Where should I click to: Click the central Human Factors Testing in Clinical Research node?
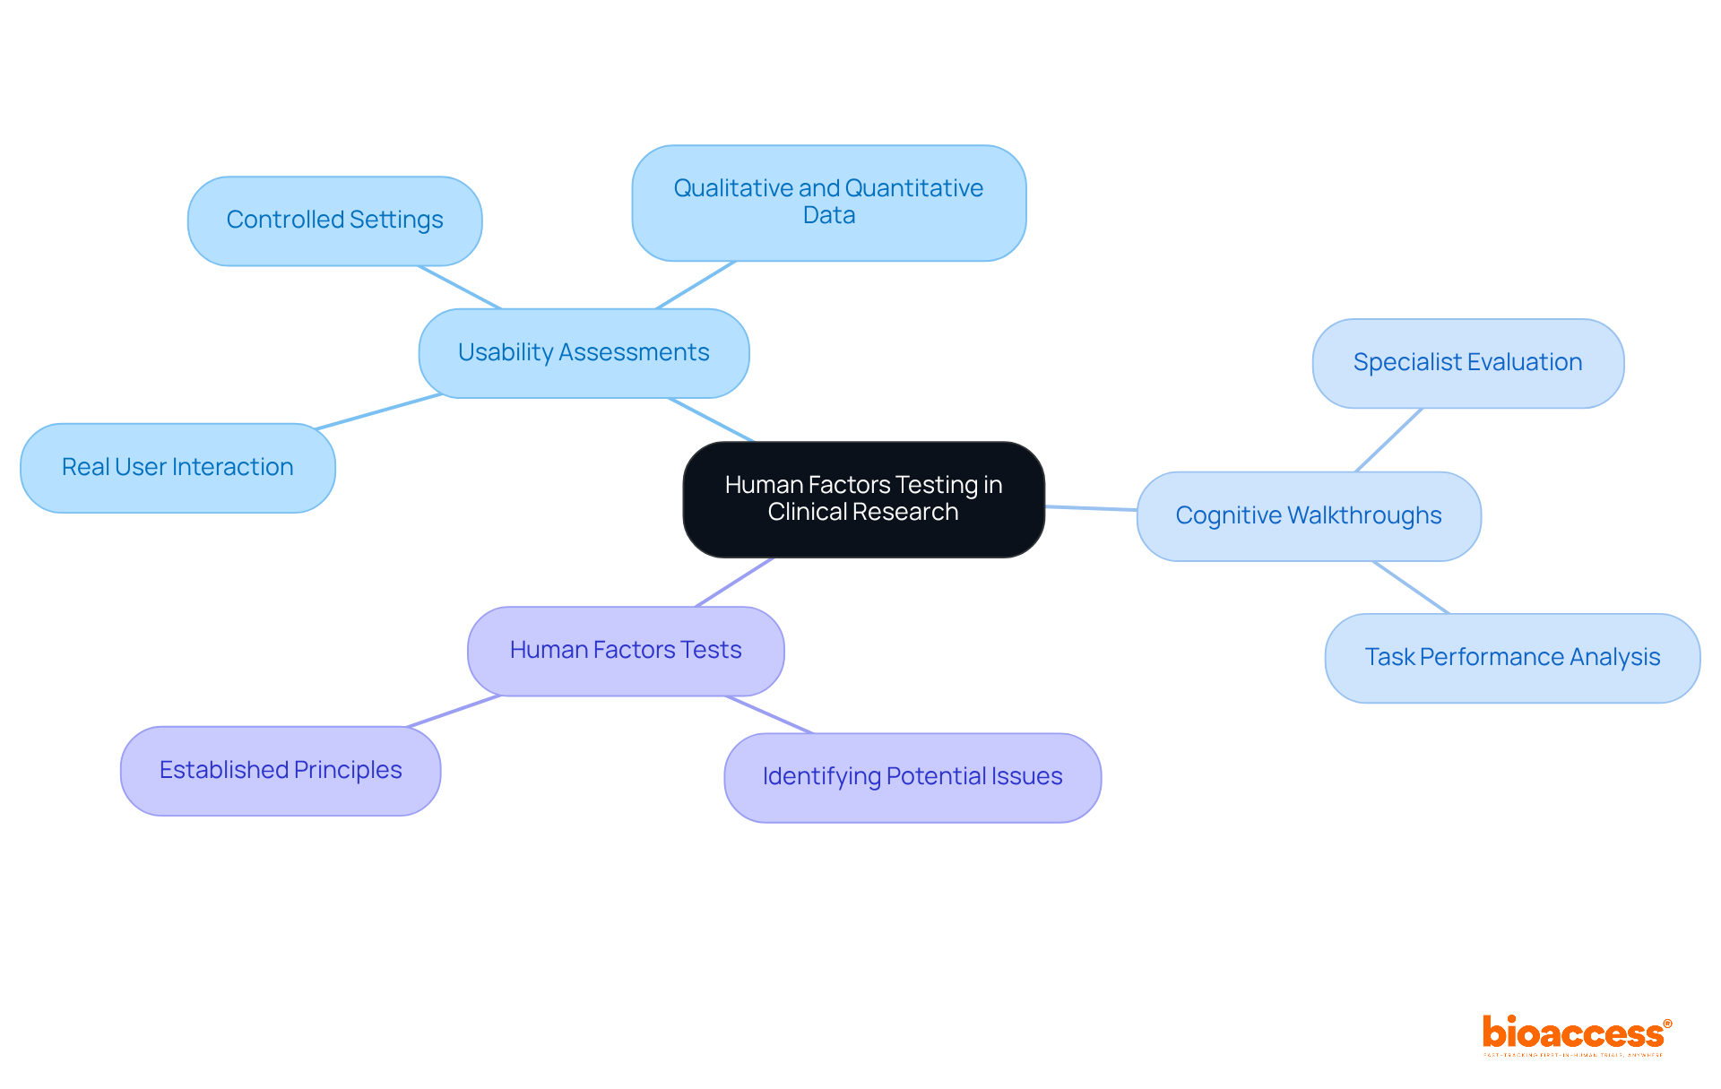[x=863, y=498]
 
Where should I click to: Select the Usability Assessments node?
[x=584, y=353]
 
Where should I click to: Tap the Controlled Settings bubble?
[x=334, y=220]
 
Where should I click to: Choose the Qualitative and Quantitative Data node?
[x=828, y=203]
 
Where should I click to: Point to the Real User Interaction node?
[x=177, y=468]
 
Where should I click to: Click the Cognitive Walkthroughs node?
[x=1308, y=516]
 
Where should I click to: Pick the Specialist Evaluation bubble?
[x=1467, y=363]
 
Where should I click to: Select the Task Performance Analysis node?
[x=1512, y=658]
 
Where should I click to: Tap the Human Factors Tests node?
[x=626, y=651]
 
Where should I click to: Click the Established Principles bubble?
[x=281, y=771]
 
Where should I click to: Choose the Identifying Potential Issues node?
[x=912, y=777]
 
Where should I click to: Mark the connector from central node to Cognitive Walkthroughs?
[x=1091, y=508]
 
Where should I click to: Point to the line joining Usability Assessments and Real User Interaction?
[x=379, y=411]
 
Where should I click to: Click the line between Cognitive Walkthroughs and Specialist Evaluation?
[x=1388, y=440]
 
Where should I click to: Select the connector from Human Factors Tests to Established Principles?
[x=453, y=711]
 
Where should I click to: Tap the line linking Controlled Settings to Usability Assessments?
[x=459, y=287]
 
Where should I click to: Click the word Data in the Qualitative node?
[x=829, y=216]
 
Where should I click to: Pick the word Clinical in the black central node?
[x=804, y=512]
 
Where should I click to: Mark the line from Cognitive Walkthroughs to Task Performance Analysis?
[x=1410, y=587]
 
